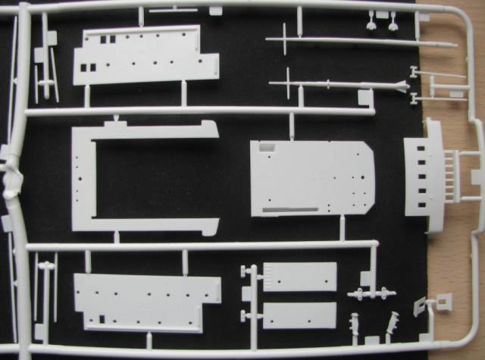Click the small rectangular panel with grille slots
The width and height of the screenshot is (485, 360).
(299, 277)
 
